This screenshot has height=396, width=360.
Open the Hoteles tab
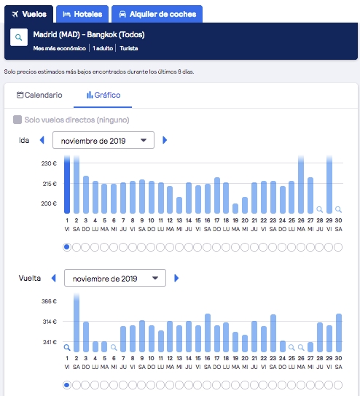(x=82, y=14)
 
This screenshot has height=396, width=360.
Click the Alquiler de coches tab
(x=157, y=14)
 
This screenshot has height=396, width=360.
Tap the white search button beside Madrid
(x=19, y=37)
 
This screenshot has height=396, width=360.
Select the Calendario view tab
(x=39, y=96)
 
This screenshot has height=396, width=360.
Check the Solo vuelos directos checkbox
(x=17, y=120)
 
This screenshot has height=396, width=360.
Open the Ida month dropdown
(x=103, y=140)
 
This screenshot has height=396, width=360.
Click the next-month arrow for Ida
(x=165, y=140)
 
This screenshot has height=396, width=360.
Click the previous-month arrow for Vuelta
(x=53, y=278)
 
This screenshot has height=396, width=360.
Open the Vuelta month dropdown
(x=115, y=278)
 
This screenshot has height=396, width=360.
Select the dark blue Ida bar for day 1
(x=67, y=185)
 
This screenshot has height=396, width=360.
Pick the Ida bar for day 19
(x=235, y=209)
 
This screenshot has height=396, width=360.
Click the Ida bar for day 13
(x=179, y=206)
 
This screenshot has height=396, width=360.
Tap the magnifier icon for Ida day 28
(x=320, y=209)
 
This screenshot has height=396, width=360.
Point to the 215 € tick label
(x=50, y=184)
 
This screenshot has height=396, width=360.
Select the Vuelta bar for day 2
(x=77, y=322)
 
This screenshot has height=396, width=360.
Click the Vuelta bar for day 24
(x=283, y=346)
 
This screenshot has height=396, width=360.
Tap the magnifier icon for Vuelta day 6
(x=114, y=348)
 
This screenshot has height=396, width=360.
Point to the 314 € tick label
(x=50, y=322)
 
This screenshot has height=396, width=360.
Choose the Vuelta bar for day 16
(x=208, y=333)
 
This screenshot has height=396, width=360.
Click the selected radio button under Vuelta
(x=67, y=385)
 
